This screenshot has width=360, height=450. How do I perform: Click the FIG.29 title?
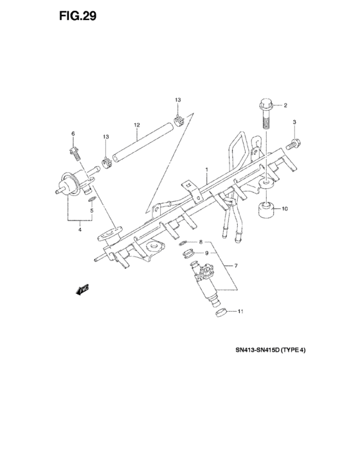point(78,16)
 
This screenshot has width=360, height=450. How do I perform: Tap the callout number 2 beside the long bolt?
point(285,105)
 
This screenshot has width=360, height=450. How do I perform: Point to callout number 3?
point(294,122)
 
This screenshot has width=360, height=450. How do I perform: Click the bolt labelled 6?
point(75,154)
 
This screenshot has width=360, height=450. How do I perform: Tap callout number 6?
point(73,134)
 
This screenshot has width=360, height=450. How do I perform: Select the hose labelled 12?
point(142,142)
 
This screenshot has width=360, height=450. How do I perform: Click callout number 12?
point(137,125)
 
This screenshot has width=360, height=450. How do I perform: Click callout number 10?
point(285,209)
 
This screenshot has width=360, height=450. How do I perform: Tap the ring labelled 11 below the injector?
point(221,312)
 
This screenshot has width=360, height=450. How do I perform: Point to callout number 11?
point(240,311)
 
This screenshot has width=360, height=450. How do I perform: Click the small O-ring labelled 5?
point(91,199)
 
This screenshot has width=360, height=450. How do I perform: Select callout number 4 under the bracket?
point(80,230)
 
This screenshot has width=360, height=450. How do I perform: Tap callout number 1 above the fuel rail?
point(206,170)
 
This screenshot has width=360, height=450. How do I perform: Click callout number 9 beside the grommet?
point(206,253)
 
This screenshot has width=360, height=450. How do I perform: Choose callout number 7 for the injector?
point(236,266)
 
